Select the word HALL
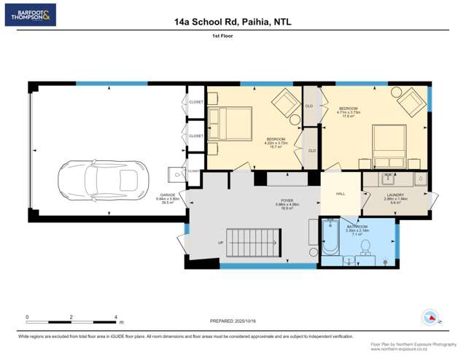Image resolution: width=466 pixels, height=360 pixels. [x=341, y=194]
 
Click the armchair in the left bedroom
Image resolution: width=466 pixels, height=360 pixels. [x=285, y=103]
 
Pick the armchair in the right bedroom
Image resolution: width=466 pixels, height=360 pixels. [x=413, y=101]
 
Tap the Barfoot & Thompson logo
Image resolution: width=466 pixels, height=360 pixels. [x=30, y=15]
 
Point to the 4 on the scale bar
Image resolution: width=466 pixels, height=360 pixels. [x=116, y=317]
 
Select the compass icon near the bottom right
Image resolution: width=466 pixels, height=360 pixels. [x=430, y=318]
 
